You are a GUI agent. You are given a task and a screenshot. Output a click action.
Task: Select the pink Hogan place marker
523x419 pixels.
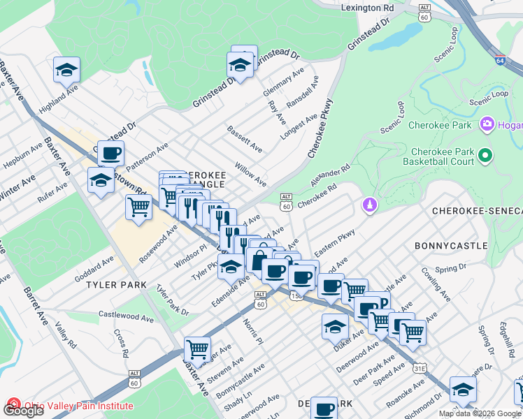click(487, 125)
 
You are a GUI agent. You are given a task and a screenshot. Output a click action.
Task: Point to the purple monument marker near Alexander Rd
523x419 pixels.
click(369, 205)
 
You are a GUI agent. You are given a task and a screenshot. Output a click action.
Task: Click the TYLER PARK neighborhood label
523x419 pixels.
click(116, 285)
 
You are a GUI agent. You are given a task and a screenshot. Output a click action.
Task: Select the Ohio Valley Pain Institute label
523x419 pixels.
click(77, 406)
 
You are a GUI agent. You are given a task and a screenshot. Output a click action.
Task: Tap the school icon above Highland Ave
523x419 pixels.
click(66, 70)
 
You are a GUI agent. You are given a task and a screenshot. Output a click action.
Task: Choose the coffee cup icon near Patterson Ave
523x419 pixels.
click(110, 154)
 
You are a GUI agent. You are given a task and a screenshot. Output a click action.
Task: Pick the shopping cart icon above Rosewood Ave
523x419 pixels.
click(138, 207)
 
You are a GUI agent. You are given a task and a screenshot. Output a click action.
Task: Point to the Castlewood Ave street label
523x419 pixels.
click(127, 318)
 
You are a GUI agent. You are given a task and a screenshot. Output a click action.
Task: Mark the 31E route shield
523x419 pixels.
click(420, 367)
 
